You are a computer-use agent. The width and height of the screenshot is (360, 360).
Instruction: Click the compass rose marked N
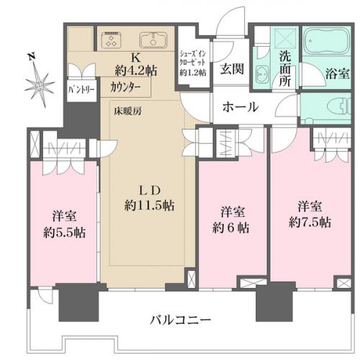38,84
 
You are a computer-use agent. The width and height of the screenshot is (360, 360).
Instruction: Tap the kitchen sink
152,39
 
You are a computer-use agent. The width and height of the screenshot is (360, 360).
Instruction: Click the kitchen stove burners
111,39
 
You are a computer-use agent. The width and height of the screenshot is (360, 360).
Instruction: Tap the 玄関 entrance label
230,70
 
